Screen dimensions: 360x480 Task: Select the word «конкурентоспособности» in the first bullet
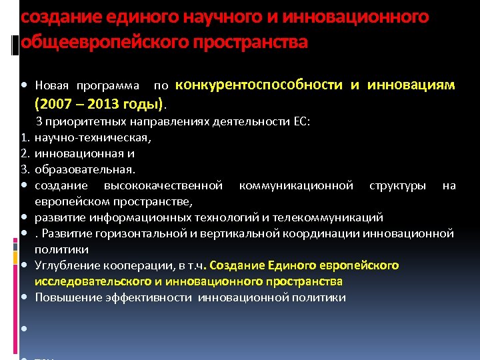tap(259, 85)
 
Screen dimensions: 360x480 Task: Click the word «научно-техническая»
tap(93, 138)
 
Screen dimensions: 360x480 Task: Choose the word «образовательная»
tap(85, 170)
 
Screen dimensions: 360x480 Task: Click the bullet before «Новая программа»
tap(23, 86)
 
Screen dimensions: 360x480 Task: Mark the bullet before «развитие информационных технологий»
tap(23, 217)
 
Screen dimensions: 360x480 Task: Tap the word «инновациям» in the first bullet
tap(411, 85)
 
